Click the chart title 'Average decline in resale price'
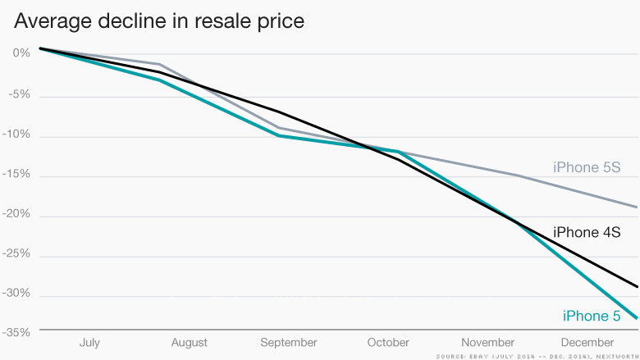tap(159, 21)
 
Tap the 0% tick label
tap(21, 53)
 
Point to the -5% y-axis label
tap(19, 93)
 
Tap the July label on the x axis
tap(89, 342)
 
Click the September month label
tap(288, 342)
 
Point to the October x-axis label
tap(388, 342)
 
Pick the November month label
tap(487, 342)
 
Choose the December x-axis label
tap(587, 342)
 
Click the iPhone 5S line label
tap(586, 168)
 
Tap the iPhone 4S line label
tap(586, 232)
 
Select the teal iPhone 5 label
tap(591, 316)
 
